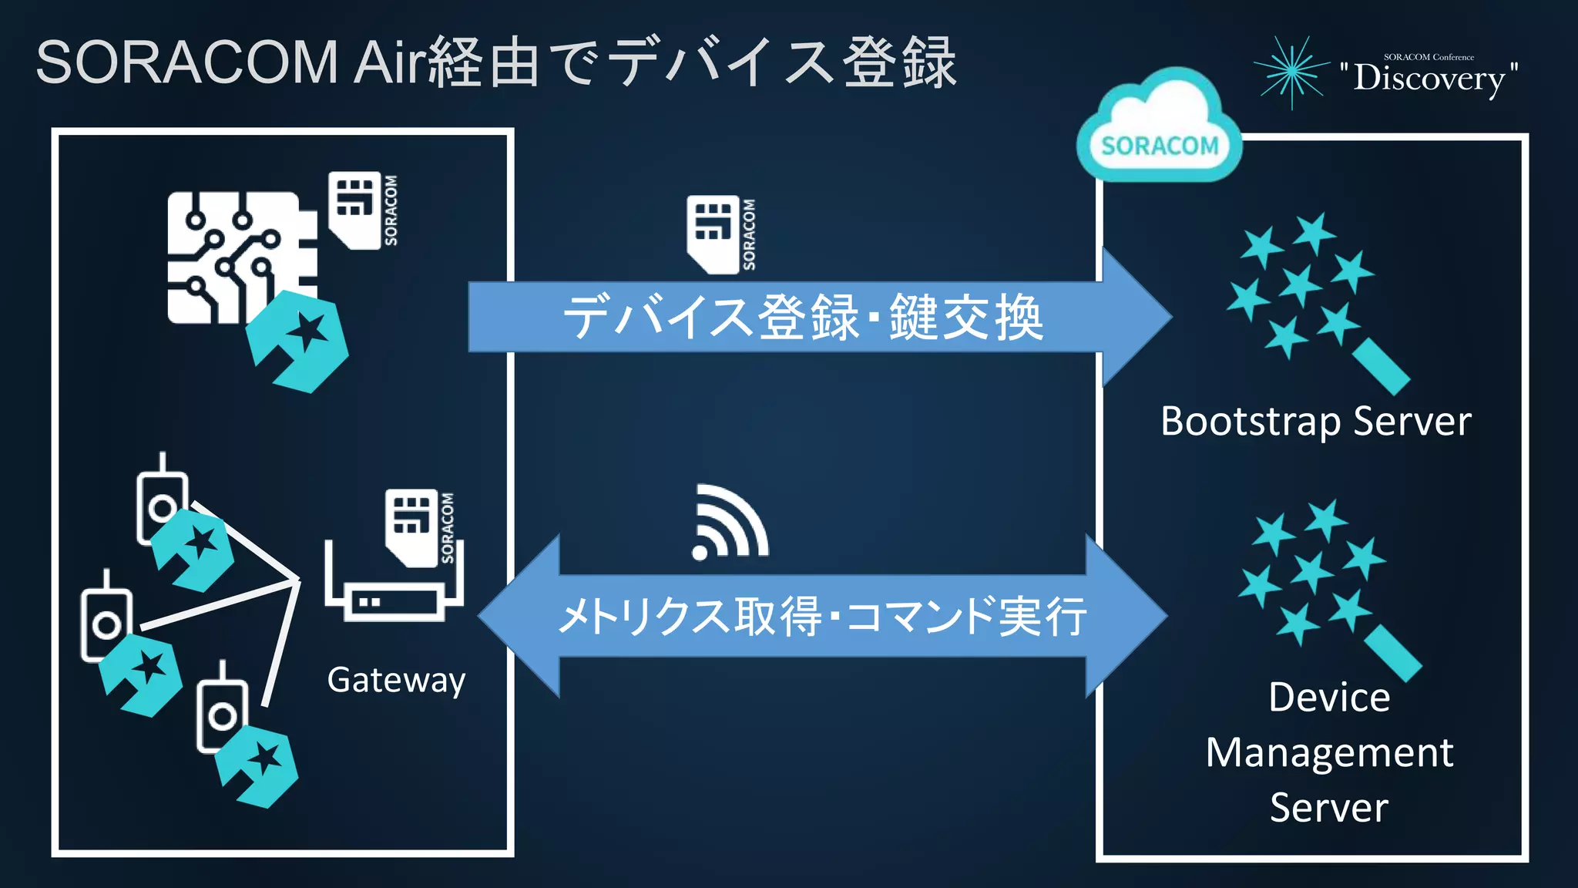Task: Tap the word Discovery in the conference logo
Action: point(1429,78)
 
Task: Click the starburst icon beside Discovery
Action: point(1292,72)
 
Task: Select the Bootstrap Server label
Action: point(1316,422)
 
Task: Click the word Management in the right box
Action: point(1329,752)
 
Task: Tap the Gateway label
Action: point(396,680)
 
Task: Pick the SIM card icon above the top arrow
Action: point(713,234)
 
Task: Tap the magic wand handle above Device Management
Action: point(1392,653)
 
